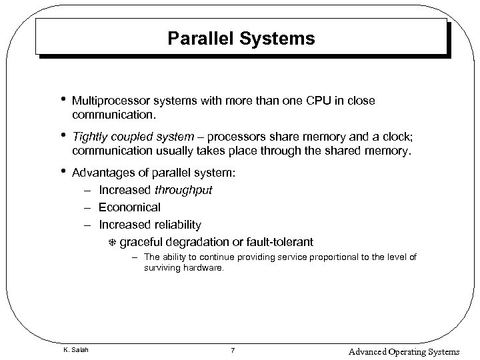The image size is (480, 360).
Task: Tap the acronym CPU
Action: coord(316,101)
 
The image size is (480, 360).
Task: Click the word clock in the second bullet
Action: coord(397,137)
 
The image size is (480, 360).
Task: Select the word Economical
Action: coord(129,207)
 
